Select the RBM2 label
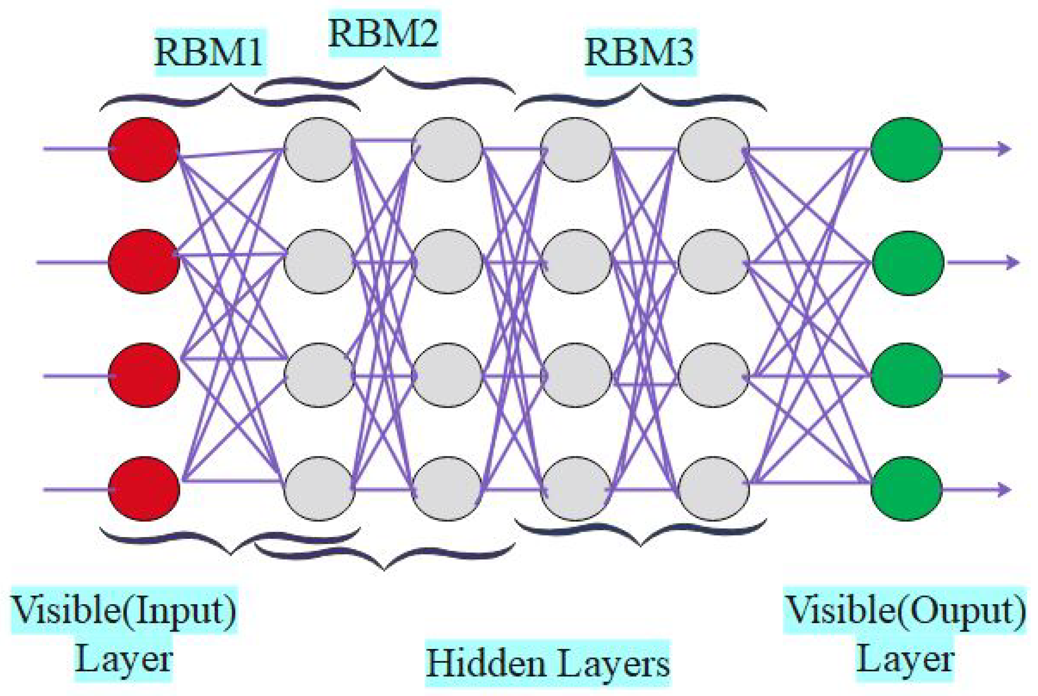click(383, 34)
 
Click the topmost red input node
click(144, 150)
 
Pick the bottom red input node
click(144, 489)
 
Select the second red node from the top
click(144, 262)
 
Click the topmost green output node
click(906, 150)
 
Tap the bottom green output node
click(906, 489)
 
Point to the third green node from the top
click(906, 376)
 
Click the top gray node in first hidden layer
click(319, 150)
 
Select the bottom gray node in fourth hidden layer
click(714, 489)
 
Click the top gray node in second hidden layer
click(447, 150)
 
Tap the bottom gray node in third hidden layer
click(576, 489)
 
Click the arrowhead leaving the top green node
click(1004, 149)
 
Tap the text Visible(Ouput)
click(905, 611)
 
